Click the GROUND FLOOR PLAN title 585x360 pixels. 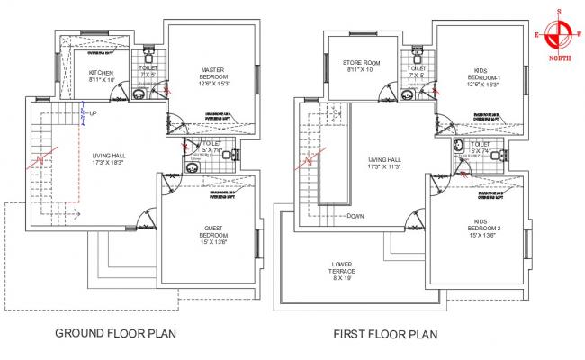115,333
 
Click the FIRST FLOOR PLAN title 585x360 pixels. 385,334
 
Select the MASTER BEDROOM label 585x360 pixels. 212,72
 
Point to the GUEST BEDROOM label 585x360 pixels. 212,227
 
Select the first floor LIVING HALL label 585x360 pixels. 382,161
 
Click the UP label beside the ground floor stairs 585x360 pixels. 93,113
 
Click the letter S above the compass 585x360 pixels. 558,12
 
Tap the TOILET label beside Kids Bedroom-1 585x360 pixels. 416,69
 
